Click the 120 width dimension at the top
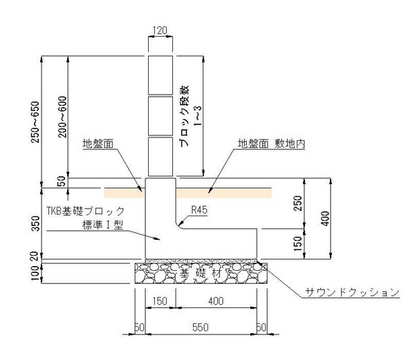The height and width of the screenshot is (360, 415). point(160,30)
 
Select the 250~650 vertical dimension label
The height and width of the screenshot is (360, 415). point(35,122)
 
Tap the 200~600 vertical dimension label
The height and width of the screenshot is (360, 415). point(62,117)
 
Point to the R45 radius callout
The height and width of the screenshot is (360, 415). point(199,210)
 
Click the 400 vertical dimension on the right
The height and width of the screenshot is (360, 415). point(325,218)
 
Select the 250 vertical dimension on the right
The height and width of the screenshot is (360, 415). point(298,203)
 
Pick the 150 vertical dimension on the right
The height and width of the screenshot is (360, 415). point(298,243)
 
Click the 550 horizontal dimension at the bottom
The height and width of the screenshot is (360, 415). point(201,328)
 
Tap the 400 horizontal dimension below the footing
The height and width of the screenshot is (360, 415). point(216,301)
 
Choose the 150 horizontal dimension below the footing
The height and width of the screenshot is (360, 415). point(160,301)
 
